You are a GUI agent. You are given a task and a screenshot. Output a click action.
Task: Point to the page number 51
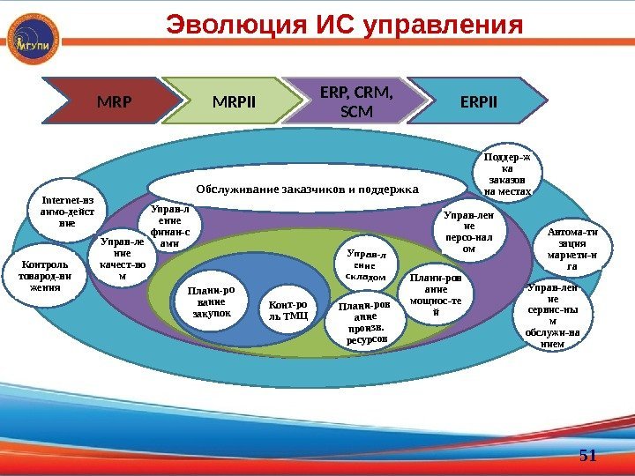tap(587, 456)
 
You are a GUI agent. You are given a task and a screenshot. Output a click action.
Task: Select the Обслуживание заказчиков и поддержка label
tap(306, 189)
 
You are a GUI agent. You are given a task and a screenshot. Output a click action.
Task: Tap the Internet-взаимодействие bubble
tap(67, 212)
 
